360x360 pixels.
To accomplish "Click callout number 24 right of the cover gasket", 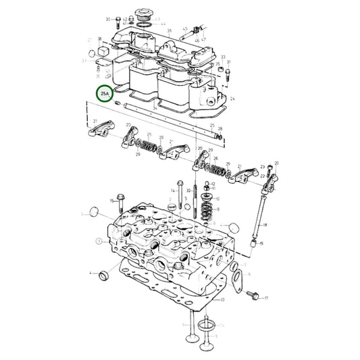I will (232, 99).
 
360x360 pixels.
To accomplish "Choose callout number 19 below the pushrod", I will (262, 242).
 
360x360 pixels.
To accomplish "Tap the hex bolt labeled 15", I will (121, 200).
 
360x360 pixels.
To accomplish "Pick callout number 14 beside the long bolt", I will (172, 191).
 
